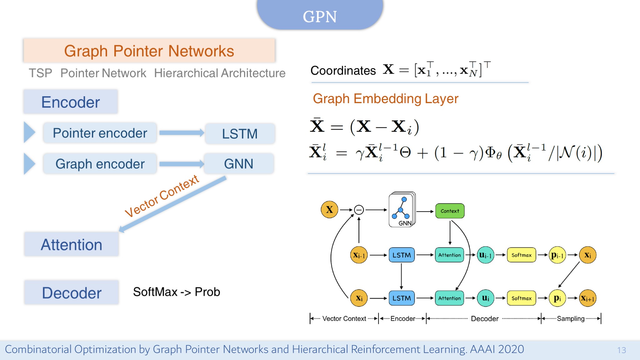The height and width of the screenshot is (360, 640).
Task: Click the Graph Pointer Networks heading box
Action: pyautogui.click(x=149, y=51)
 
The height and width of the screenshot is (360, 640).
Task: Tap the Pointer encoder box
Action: pyautogui.click(x=100, y=133)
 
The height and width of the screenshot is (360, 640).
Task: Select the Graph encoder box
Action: pyautogui.click(x=100, y=164)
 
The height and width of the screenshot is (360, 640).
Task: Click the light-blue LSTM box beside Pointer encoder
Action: pyautogui.click(x=240, y=134)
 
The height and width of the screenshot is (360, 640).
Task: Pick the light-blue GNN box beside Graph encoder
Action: pyautogui.click(x=239, y=164)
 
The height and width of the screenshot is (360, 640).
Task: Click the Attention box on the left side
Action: pyautogui.click(x=72, y=244)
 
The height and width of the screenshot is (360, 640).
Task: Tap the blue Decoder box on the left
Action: pyautogui.click(x=72, y=293)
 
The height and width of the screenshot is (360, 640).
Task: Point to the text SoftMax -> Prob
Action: pyautogui.click(x=177, y=292)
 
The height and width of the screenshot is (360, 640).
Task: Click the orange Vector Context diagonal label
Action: pyautogui.click(x=162, y=196)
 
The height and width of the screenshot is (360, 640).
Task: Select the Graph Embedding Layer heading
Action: pyautogui.click(x=385, y=99)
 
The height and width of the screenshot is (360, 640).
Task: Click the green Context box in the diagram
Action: pyautogui.click(x=450, y=211)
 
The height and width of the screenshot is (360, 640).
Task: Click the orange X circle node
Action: pyautogui.click(x=329, y=209)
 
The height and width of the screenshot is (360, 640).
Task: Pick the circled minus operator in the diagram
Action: pyautogui.click(x=359, y=210)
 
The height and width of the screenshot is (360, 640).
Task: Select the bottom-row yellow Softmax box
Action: pyautogui.click(x=521, y=298)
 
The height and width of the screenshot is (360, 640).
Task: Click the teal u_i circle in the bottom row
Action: pyautogui.click(x=485, y=298)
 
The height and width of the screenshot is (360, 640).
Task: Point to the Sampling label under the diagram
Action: pyautogui.click(x=570, y=318)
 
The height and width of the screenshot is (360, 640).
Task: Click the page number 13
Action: pyautogui.click(x=622, y=350)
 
